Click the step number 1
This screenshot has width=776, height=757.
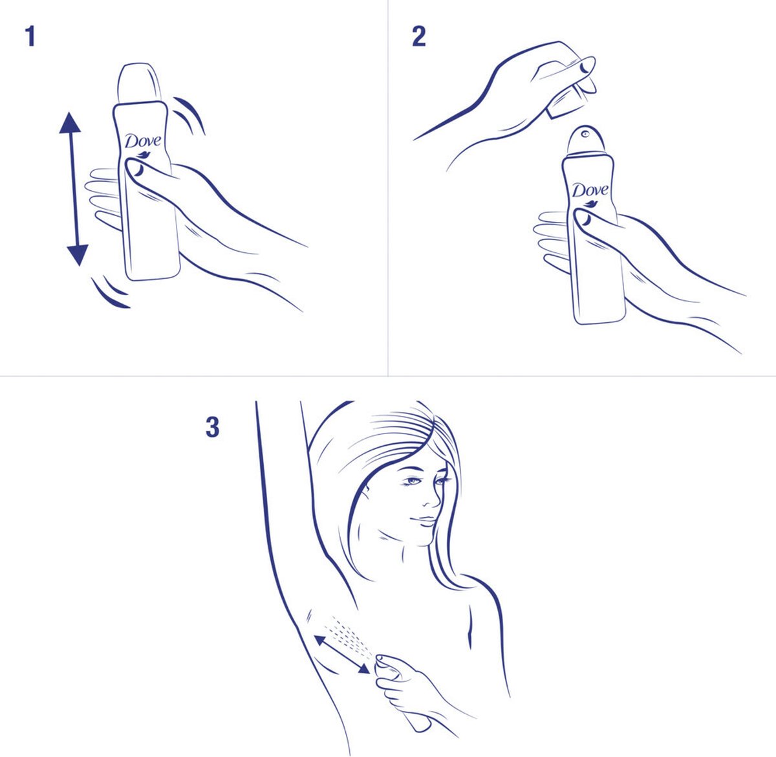(x=30, y=37)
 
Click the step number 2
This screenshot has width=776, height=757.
(x=419, y=37)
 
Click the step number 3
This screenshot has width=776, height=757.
(x=212, y=428)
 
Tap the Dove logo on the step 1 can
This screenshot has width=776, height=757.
(x=143, y=142)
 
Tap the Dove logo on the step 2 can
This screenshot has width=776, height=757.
(x=590, y=191)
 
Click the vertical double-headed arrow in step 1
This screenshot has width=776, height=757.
(x=71, y=188)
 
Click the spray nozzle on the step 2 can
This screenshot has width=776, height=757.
(x=585, y=134)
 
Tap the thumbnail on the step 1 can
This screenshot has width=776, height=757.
(x=138, y=170)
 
